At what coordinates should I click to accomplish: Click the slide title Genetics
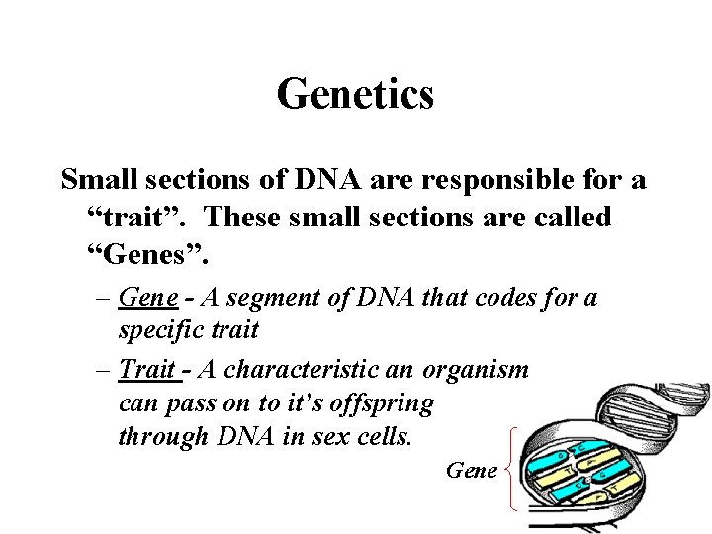(x=355, y=95)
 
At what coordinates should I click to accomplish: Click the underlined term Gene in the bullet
(x=147, y=297)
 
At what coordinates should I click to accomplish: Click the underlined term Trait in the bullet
(x=146, y=369)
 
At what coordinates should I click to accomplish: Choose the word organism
(x=476, y=369)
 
